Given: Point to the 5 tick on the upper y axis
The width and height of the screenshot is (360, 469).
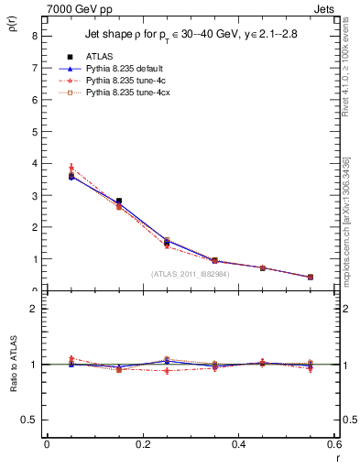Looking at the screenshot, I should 34,132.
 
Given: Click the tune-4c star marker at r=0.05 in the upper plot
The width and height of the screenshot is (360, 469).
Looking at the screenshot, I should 71,169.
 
